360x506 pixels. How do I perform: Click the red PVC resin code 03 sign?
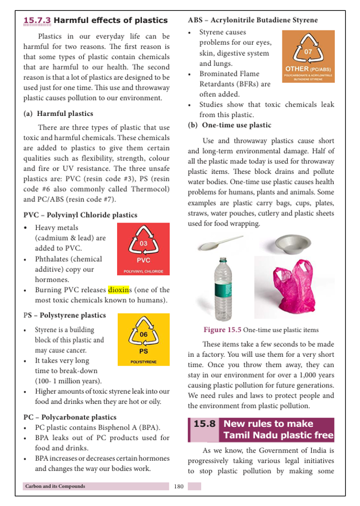(x=143, y=249)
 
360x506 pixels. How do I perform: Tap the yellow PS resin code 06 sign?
(x=143, y=339)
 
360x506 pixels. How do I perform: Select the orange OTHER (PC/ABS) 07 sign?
(x=308, y=56)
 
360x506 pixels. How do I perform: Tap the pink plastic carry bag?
(x=293, y=289)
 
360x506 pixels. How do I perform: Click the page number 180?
(x=178, y=486)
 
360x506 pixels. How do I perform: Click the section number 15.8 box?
(x=204, y=425)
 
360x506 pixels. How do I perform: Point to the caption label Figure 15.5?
(x=222, y=330)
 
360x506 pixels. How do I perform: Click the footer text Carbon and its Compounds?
(x=55, y=486)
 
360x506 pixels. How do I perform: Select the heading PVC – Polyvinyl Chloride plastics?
(x=80, y=215)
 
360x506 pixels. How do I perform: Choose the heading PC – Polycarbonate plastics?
(x=69, y=417)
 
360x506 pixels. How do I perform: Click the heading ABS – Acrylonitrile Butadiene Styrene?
(x=253, y=20)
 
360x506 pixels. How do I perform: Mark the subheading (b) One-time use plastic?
(x=230, y=125)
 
